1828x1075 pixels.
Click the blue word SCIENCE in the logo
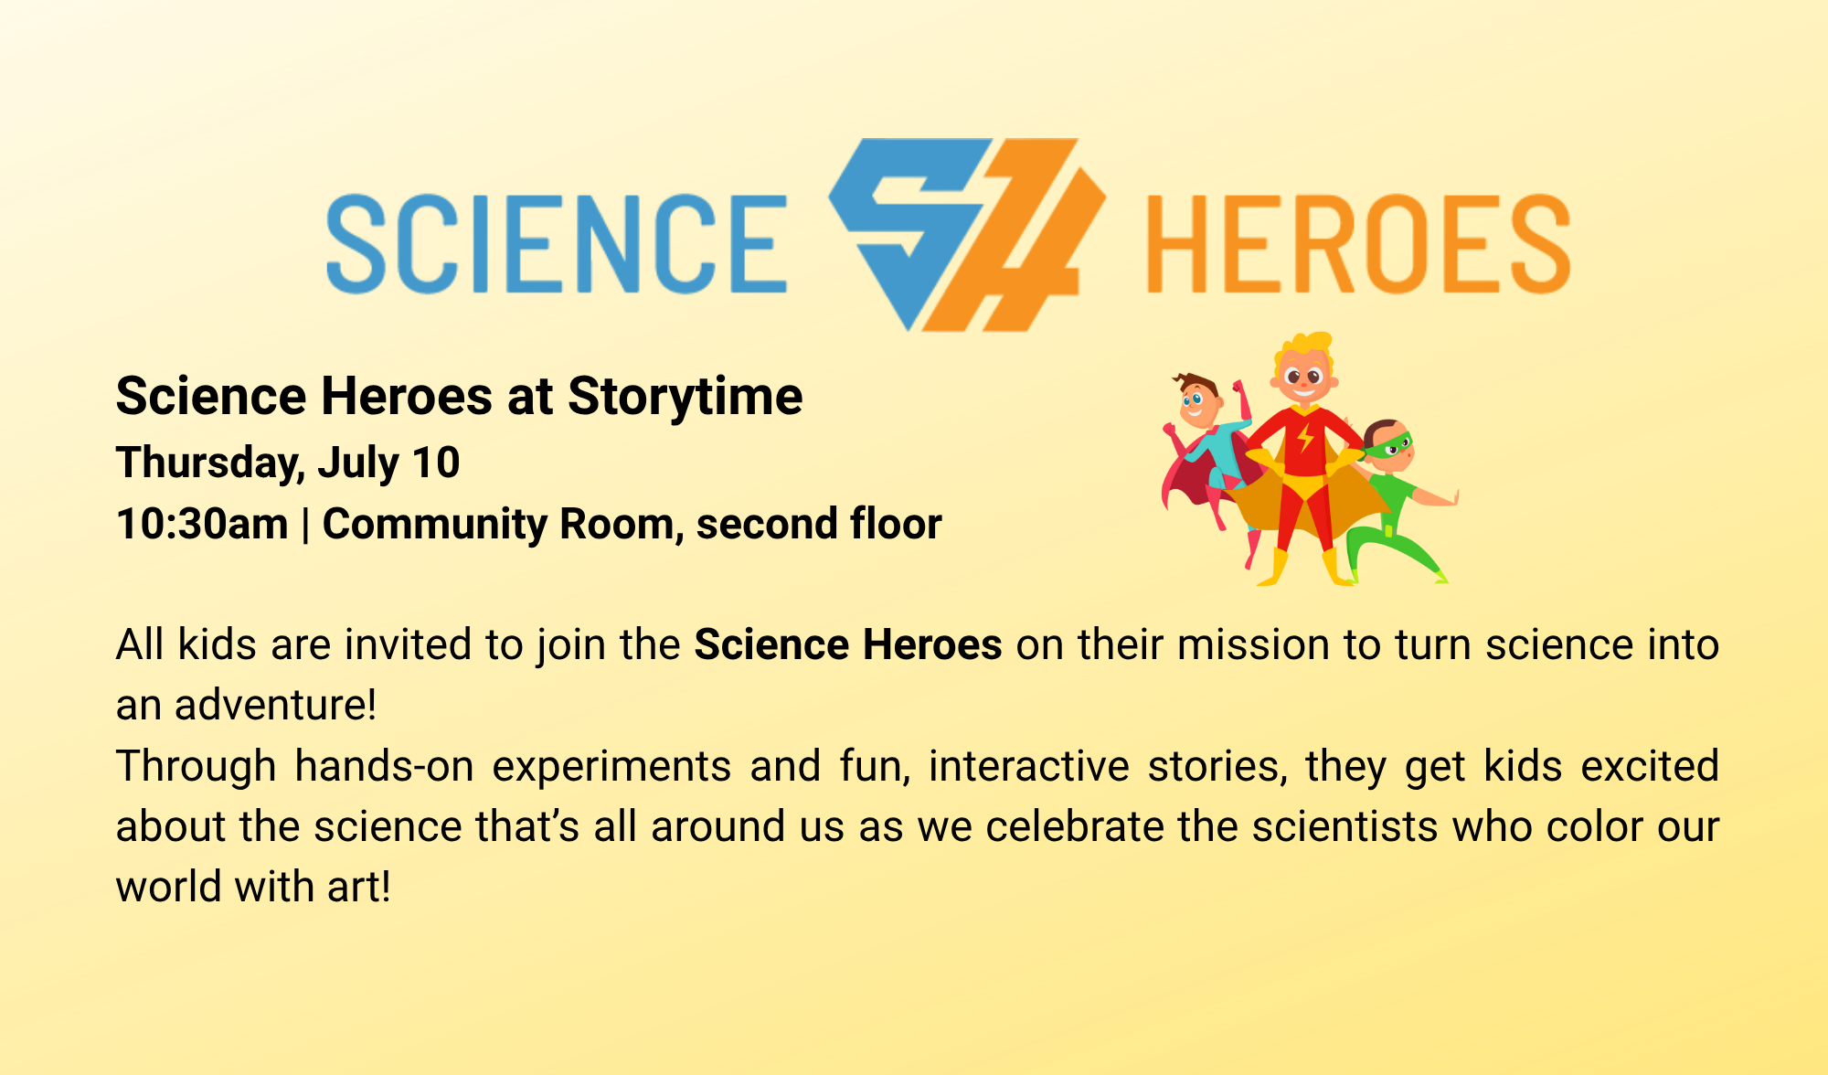[557, 244]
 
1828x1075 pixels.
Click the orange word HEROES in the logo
[1358, 244]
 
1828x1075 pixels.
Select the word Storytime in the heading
[685, 398]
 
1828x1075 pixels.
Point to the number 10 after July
[436, 463]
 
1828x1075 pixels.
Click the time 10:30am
[202, 525]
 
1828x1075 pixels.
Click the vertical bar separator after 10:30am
[305, 526]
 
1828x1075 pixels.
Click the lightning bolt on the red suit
[1306, 438]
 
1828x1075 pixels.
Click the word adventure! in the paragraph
[276, 705]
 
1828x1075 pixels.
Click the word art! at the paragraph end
[355, 887]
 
